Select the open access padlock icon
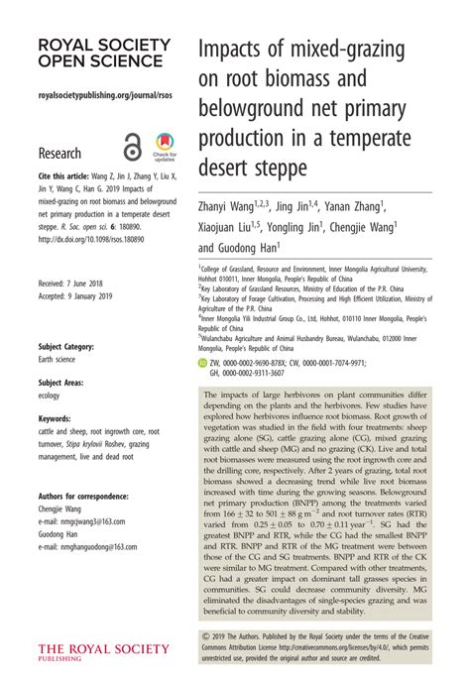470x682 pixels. tap(129, 147)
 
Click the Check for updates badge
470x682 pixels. tap(163, 148)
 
